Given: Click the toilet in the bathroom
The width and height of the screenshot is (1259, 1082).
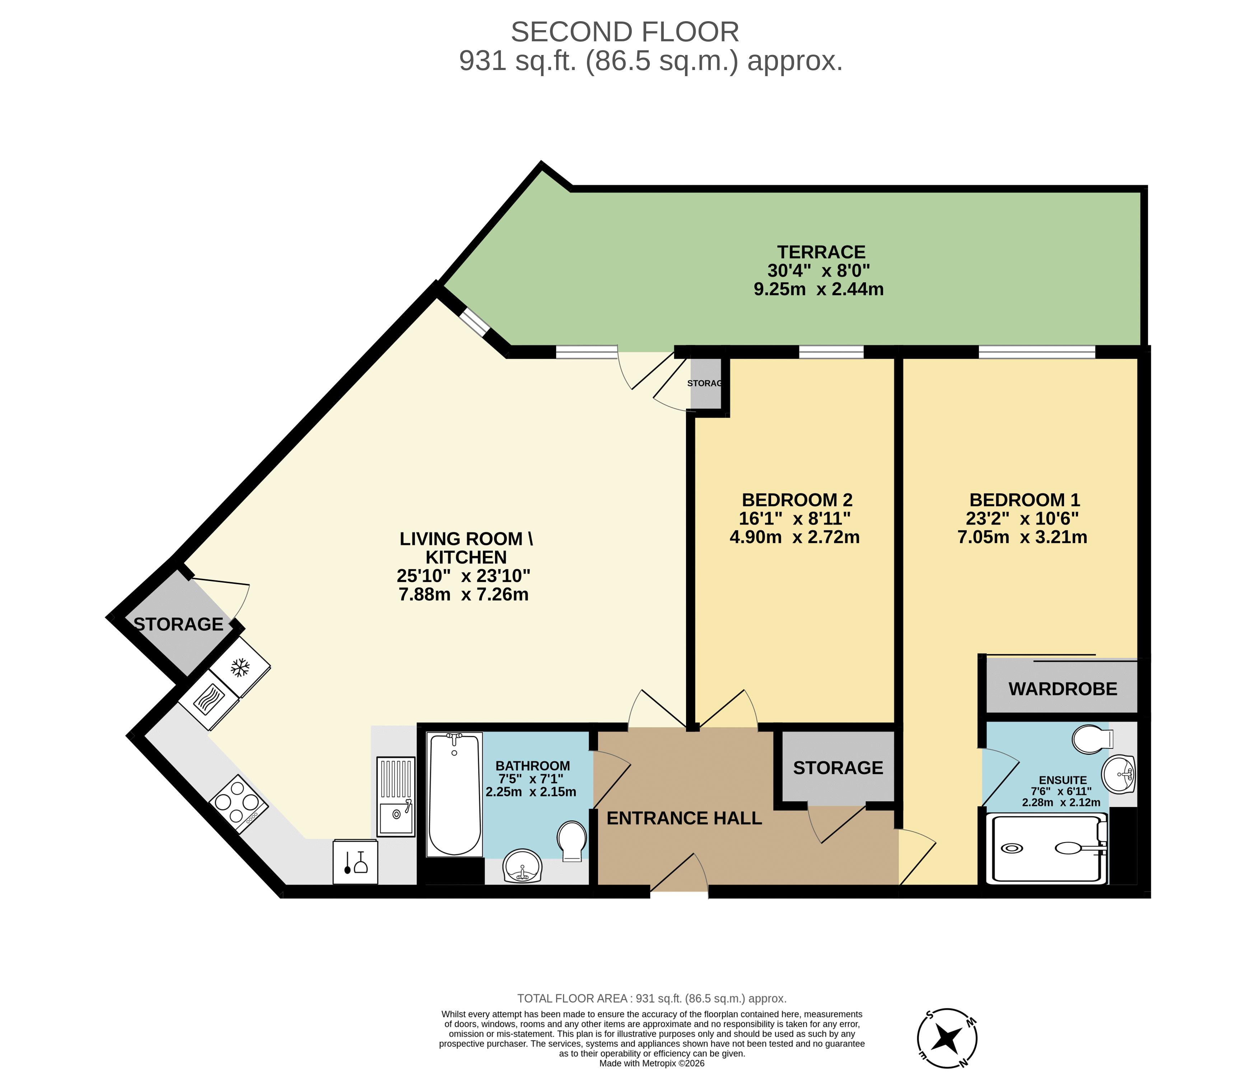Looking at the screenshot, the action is [x=572, y=841].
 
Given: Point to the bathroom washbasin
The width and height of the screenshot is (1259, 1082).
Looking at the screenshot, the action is [x=523, y=865].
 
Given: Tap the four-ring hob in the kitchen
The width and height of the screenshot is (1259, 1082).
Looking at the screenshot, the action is [x=239, y=804].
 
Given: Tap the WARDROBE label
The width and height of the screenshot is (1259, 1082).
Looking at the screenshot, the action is [x=1063, y=689].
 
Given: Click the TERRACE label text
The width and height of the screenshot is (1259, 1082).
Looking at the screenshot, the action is [x=821, y=252].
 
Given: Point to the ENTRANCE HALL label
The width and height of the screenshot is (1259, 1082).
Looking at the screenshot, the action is [x=684, y=818].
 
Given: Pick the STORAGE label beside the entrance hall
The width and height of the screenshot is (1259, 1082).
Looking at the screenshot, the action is [x=838, y=768].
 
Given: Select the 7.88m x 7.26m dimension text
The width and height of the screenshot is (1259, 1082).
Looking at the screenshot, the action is [x=463, y=594].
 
